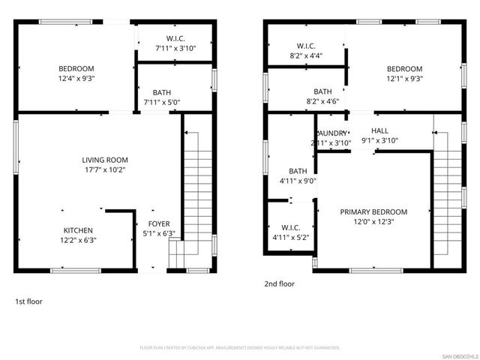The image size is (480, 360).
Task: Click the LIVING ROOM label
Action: pyautogui.click(x=105, y=160)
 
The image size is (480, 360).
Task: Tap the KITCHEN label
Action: pyautogui.click(x=78, y=230)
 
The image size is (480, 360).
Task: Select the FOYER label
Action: pyautogui.click(x=158, y=223)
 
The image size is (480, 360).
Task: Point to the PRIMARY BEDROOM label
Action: pyautogui.click(x=373, y=211)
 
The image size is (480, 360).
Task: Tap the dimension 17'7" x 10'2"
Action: pyautogui.click(x=105, y=169)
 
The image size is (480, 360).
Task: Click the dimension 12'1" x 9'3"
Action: pyautogui.click(x=404, y=78)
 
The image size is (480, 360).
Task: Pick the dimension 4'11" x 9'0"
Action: pyautogui.click(x=298, y=180)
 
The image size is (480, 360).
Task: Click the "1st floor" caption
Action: pyautogui.click(x=29, y=301)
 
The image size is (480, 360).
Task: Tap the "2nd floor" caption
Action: pyautogui.click(x=279, y=284)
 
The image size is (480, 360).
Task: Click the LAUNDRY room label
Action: pyautogui.click(x=330, y=133)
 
